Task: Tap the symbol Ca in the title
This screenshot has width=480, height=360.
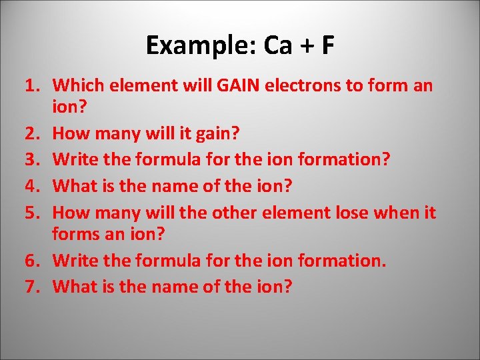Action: [278, 45]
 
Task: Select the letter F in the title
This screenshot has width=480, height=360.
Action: [327, 45]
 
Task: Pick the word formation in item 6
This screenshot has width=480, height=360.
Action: [339, 261]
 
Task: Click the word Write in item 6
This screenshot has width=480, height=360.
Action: [73, 261]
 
